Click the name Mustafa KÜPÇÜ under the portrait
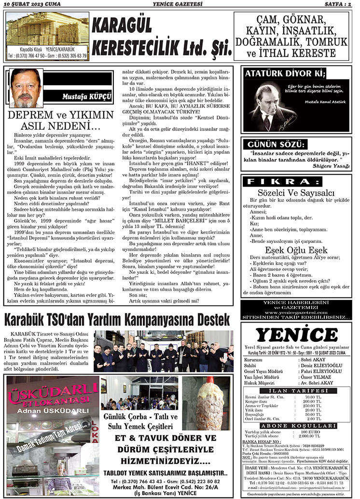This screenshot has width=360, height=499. pyautogui.click(x=86, y=96)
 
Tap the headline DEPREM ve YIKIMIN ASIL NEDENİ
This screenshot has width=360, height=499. pyautogui.click(x=60, y=122)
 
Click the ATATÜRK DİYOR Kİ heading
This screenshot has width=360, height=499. pyautogui.click(x=285, y=74)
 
